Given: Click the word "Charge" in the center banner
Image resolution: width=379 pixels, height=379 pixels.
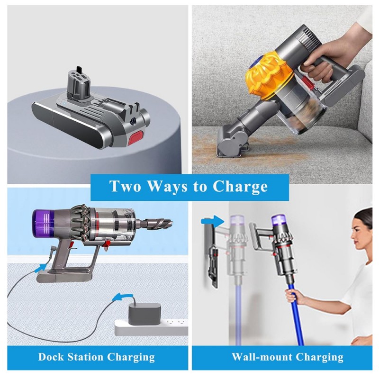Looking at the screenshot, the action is pyautogui.click(x=240, y=187).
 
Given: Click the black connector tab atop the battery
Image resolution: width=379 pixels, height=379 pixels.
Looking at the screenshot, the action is pyautogui.click(x=79, y=70).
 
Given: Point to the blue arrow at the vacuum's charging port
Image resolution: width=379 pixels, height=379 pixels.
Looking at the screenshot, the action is pyautogui.click(x=40, y=267).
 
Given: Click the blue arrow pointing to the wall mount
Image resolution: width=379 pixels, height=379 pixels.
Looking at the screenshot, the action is pyautogui.click(x=213, y=220).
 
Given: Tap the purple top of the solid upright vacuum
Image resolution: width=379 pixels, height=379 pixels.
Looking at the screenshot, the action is pyautogui.click(x=279, y=221).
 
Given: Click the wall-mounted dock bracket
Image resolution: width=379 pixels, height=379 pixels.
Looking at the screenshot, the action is pyautogui.click(x=211, y=256).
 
